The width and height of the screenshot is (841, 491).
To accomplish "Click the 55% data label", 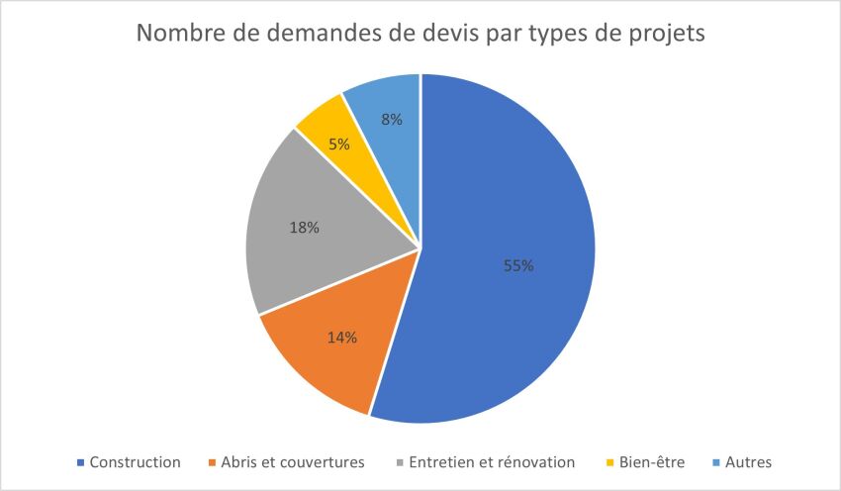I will [518, 265].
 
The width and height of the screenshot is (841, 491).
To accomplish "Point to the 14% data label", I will [341, 337].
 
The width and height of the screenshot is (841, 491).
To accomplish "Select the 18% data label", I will [304, 228].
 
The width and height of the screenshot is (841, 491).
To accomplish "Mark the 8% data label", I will [392, 120].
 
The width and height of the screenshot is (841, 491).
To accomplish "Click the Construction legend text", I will [135, 462].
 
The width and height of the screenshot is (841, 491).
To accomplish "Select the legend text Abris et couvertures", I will [293, 462].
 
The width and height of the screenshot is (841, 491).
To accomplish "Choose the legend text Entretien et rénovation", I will [492, 462].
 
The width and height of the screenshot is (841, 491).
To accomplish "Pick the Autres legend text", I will [748, 462].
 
